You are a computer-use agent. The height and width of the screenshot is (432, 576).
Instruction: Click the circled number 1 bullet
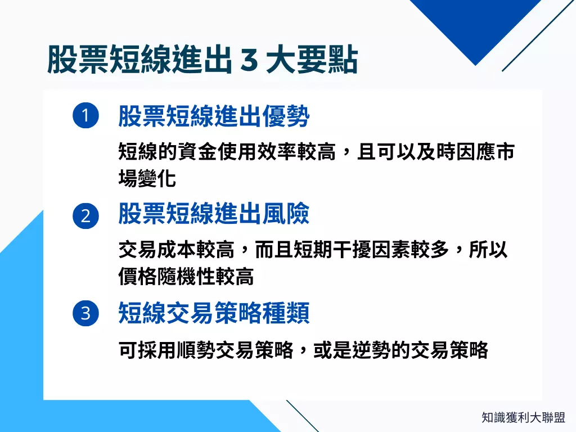pyautogui.click(x=85, y=116)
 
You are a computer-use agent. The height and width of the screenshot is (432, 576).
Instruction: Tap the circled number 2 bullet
pyautogui.click(x=85, y=216)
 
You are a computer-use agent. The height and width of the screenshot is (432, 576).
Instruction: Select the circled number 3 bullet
pyautogui.click(x=85, y=313)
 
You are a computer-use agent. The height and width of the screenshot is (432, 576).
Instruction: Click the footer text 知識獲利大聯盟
pyautogui.click(x=523, y=417)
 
